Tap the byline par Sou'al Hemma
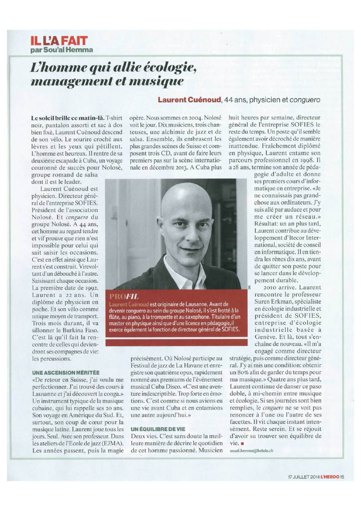61,50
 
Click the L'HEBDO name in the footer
338,475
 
